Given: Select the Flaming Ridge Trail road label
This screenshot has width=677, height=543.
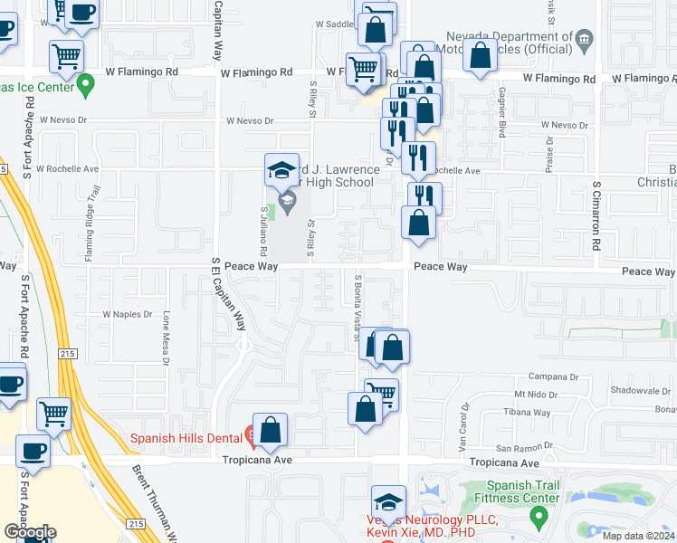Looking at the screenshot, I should [90, 231].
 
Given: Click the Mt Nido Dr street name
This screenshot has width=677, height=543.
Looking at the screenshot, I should [533, 395].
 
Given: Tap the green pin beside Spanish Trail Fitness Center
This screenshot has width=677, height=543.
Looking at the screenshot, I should [540, 519].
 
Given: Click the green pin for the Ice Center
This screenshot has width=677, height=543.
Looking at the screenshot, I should [86, 87].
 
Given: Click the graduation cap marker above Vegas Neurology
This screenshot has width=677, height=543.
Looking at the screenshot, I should [388, 502].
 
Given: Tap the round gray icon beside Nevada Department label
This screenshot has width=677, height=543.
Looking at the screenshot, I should [585, 39].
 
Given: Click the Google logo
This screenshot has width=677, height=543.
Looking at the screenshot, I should [30, 532].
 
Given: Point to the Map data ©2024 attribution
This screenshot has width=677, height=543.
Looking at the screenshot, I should [638, 536].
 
